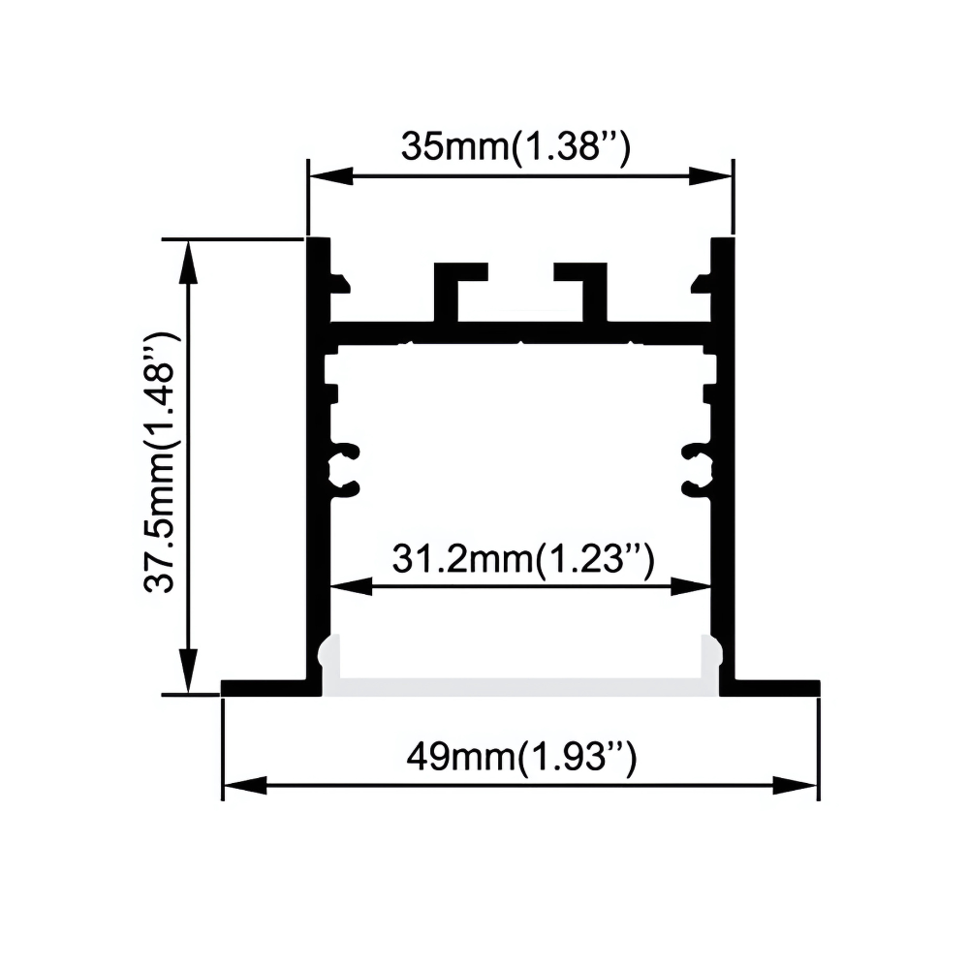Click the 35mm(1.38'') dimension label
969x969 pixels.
pos(516,147)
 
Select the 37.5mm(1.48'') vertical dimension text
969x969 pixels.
pos(161,462)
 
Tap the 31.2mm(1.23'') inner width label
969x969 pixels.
pos(523,559)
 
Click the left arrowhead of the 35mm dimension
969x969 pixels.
pos(330,176)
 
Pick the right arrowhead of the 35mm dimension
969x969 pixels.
pos(710,176)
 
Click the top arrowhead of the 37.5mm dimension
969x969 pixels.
pos(189,262)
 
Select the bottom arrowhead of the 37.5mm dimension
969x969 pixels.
pos(189,672)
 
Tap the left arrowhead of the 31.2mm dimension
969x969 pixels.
pos(353,586)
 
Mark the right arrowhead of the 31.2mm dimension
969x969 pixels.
pos(691,586)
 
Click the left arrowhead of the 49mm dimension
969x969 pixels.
pos(245,786)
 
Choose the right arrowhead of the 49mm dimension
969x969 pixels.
pos(796,786)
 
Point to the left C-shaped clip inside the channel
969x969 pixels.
pos(343,470)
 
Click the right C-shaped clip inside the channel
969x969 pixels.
pos(699,470)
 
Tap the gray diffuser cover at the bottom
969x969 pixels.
pos(520,687)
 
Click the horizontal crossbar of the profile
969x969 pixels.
pos(520,332)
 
